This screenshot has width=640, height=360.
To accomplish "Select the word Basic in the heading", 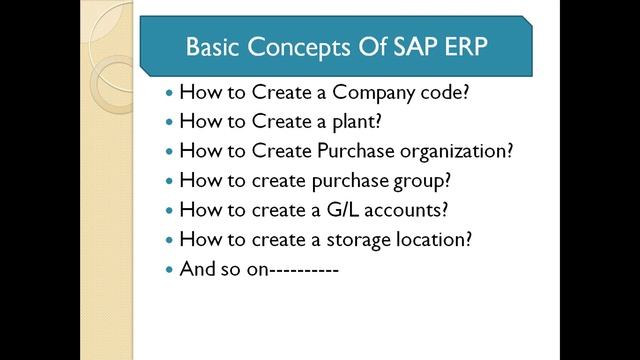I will [215, 47].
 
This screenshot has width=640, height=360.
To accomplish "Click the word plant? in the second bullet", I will [326, 121].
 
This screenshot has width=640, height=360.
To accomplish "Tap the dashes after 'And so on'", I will [300, 270].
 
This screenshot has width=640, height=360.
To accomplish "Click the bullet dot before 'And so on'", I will [169, 269].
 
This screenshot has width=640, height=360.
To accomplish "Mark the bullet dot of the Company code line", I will [169, 91].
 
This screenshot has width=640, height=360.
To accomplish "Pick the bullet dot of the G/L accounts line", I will [169, 210].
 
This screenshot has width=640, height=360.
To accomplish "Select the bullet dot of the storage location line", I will [169, 240].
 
